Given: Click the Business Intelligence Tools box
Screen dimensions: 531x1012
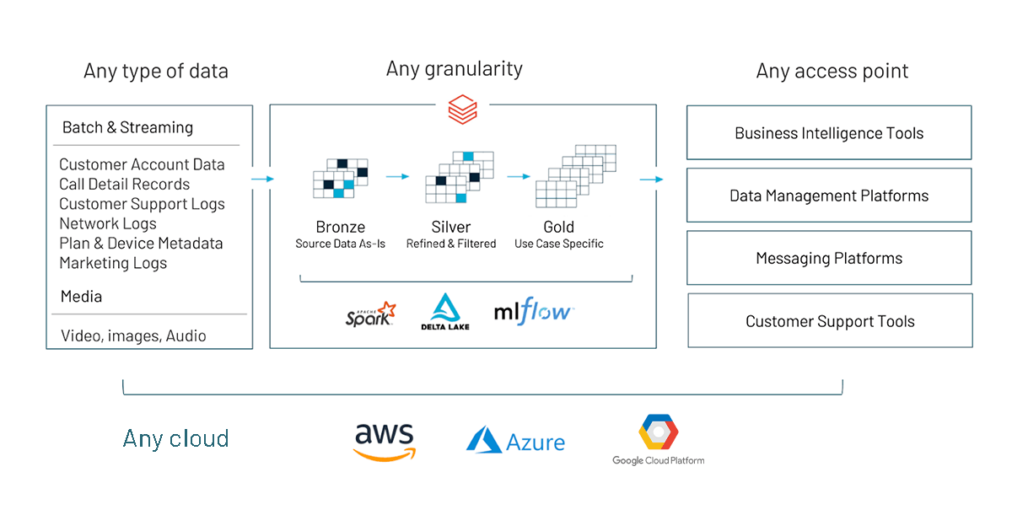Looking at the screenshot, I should tap(829, 133).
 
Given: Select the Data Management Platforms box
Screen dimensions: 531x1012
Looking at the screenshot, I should tap(829, 196).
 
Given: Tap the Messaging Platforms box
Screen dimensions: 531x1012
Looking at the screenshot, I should tap(829, 259).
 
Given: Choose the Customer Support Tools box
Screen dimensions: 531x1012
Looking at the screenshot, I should tap(830, 321).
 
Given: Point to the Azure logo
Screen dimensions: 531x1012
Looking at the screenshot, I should tap(516, 441).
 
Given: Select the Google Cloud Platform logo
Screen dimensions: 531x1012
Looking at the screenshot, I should tap(659, 439).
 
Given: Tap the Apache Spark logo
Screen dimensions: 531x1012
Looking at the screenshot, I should tap(371, 314).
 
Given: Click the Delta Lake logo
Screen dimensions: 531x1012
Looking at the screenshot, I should tap(445, 311).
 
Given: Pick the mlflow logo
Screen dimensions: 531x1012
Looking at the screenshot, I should tap(534, 312).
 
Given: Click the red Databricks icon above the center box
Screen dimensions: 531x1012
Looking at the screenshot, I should tap(462, 109).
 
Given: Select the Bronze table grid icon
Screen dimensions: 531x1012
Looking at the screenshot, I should tap(341, 179).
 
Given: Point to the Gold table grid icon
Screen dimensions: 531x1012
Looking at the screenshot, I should tap(576, 176).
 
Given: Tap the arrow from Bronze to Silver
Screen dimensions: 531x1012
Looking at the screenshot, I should tap(397, 176).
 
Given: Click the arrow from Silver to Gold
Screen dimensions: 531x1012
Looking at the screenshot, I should tap(519, 176).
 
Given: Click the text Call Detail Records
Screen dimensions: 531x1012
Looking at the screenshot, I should tap(124, 185).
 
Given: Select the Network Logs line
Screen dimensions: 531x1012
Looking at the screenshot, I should tap(108, 223).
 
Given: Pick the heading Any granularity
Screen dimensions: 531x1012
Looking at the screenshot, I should tap(455, 69).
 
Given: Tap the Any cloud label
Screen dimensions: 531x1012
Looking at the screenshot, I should tap(175, 438).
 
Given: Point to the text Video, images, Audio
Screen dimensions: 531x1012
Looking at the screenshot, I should tap(133, 336).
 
